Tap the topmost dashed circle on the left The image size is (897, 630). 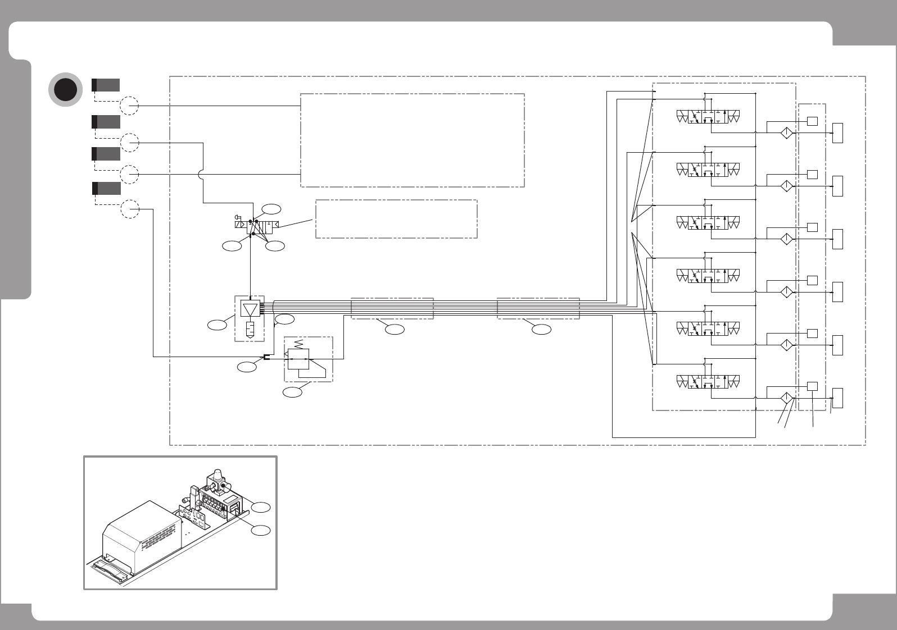[x=130, y=106]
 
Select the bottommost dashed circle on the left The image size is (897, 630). [x=130, y=209]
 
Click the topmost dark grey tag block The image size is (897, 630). [x=106, y=85]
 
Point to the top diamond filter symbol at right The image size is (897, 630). [x=786, y=133]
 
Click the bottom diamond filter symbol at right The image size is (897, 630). [x=786, y=398]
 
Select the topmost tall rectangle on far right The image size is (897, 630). [x=837, y=133]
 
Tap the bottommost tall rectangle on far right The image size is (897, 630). [x=837, y=398]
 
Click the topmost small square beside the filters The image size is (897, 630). [x=812, y=121]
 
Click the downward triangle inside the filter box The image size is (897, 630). [x=250, y=309]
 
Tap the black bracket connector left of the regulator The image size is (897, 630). [x=267, y=358]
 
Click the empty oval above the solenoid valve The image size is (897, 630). [x=271, y=209]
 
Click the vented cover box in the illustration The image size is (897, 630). [x=142, y=533]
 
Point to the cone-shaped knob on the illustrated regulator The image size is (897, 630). [x=216, y=475]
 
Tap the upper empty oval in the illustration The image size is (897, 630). [x=261, y=507]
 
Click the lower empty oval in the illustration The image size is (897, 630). [x=261, y=530]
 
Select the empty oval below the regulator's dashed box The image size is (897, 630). [x=292, y=392]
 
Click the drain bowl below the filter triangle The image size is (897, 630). [x=250, y=329]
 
